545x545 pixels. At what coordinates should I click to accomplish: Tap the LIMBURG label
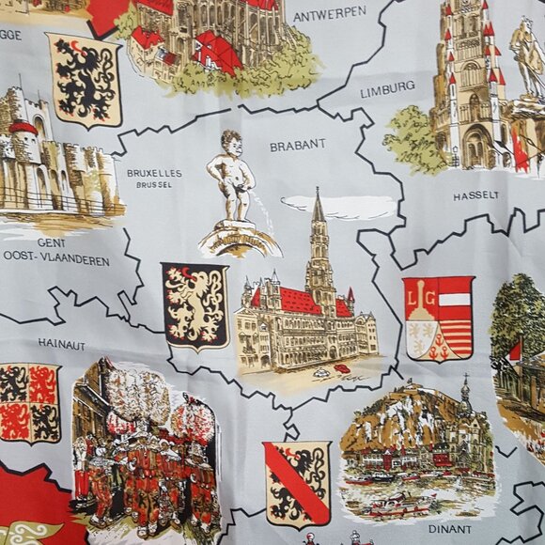[387, 86]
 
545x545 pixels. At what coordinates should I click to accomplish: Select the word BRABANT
[297, 145]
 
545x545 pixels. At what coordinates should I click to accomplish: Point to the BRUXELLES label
[154, 173]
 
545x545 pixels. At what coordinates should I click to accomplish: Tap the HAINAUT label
[61, 344]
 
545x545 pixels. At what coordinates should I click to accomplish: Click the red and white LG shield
[438, 318]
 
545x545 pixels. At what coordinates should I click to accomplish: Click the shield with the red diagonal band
[297, 483]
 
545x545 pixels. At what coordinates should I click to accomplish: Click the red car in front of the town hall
[342, 368]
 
